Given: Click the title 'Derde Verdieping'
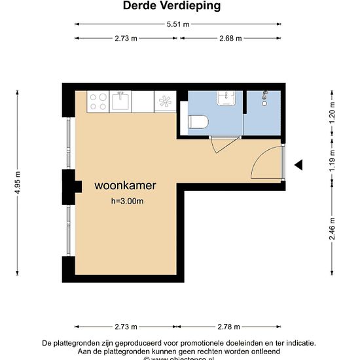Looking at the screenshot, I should [171, 6].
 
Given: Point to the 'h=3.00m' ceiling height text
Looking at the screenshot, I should [128, 202].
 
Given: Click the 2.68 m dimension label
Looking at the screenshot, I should [230, 38].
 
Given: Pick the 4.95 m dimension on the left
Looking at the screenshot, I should [18, 184].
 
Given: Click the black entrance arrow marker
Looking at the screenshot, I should [298, 165].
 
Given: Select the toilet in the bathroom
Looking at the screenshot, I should [198, 122].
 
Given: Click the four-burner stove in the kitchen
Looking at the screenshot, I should [98, 101].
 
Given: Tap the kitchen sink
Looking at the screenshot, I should [120, 101].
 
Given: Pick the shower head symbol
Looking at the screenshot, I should [265, 98].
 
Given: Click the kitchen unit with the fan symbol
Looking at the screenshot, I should [164, 101].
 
